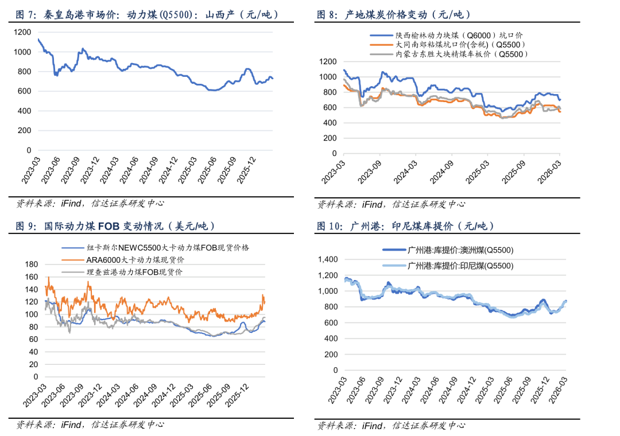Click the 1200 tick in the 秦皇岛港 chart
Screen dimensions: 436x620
coord(22,32)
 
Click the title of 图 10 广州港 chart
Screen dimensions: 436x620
coord(405,226)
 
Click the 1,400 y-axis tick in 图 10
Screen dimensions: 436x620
coord(325,259)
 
